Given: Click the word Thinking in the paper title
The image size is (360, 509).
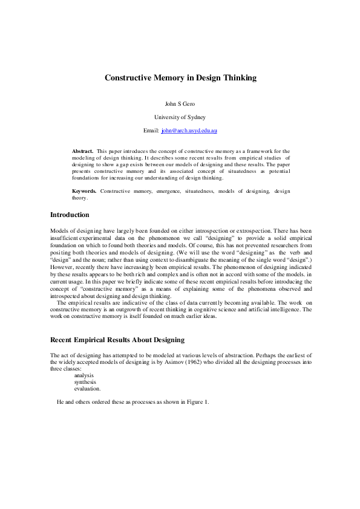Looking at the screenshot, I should tap(236, 78).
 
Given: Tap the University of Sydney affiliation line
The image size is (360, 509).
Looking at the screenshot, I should tap(180, 117).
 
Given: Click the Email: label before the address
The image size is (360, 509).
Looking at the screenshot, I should tap(151, 131).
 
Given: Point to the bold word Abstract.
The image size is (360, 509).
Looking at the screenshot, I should tap(82, 151).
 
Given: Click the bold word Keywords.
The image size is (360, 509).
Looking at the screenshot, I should tap(84, 191).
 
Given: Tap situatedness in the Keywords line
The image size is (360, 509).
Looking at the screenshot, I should tap(201, 191).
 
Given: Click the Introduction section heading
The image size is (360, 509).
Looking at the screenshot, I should tap(70, 215).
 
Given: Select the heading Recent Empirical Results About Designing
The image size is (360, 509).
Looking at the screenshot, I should tap(117, 340).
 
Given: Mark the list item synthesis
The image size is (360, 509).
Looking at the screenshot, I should tap(85, 382).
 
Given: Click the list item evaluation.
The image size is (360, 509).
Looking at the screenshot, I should tap(87, 389).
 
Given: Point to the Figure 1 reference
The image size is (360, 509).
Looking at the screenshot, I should tap(197, 402).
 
